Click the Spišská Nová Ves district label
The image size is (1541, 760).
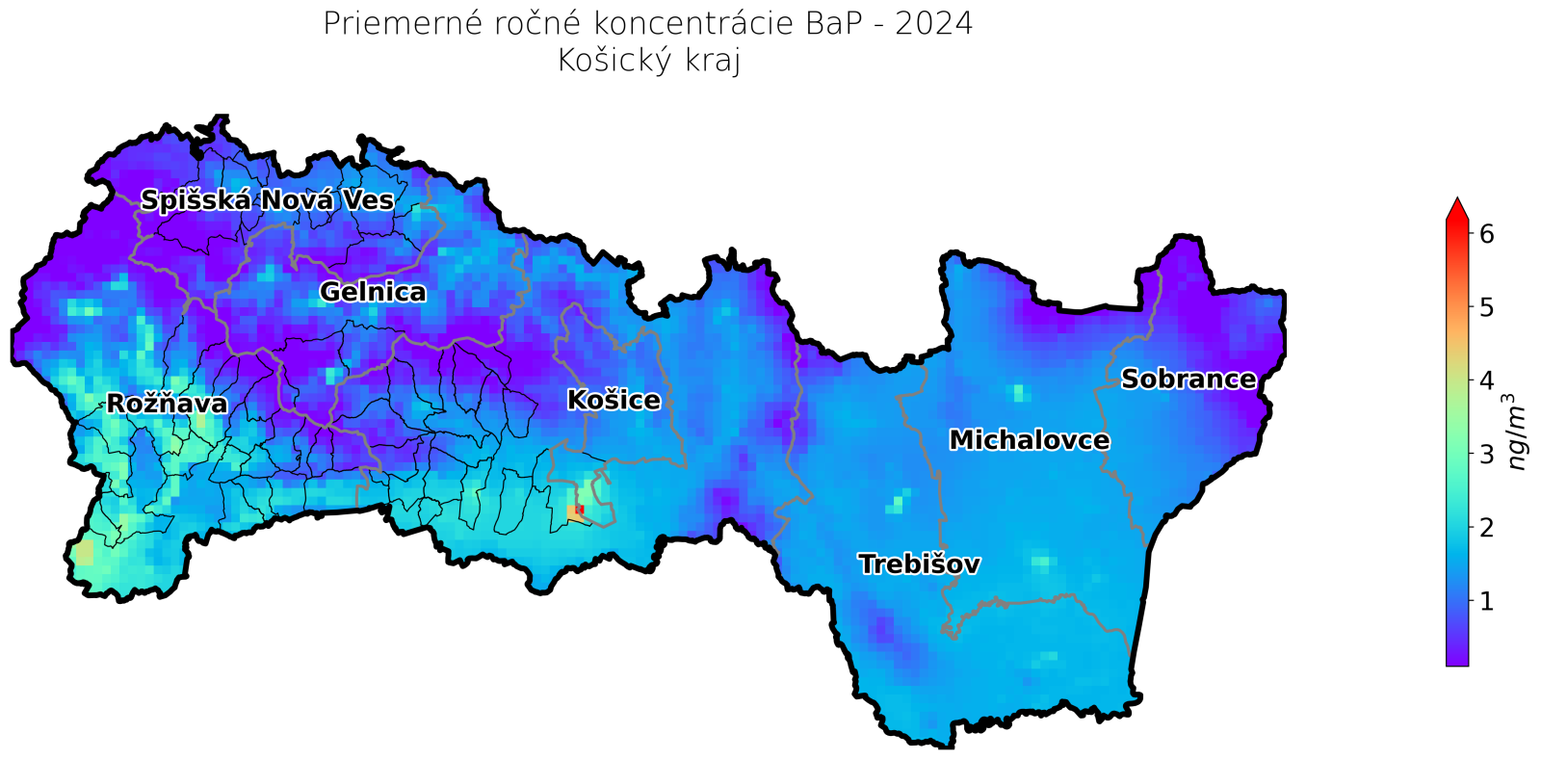click(267, 200)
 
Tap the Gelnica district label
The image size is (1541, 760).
click(373, 292)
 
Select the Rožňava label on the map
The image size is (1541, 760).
click(167, 404)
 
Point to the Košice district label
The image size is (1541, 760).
click(614, 400)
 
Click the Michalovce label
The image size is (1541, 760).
click(1029, 440)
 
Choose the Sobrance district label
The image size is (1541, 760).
click(1188, 380)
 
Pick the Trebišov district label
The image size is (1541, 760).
click(919, 564)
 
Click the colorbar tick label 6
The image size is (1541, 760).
click(1487, 233)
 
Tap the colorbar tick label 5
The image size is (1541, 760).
click(1487, 307)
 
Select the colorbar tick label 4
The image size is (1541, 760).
click(1487, 380)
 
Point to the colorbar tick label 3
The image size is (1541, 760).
click(1487, 454)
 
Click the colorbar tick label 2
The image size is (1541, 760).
click(1487, 528)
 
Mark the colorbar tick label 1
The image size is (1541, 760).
click(1487, 601)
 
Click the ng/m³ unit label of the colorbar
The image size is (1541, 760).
click(1517, 431)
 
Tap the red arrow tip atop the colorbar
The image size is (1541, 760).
click(1457, 207)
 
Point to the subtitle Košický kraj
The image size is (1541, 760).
click(648, 61)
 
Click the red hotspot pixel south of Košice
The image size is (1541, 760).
click(580, 510)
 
